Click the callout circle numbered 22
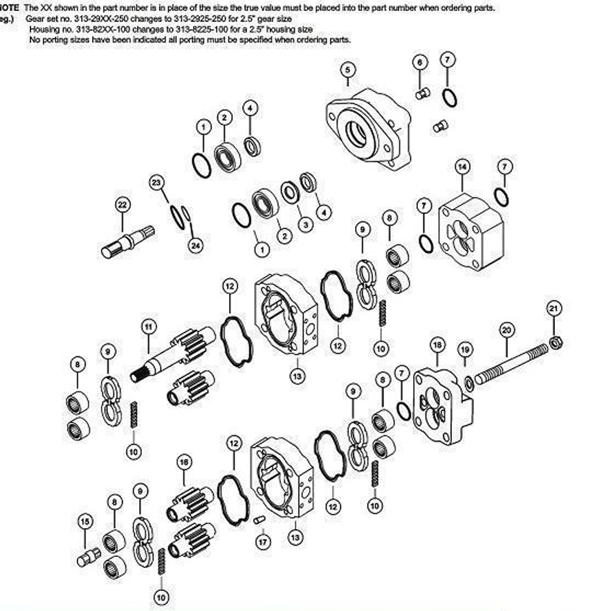point(122,204)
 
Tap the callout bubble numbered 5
point(347,69)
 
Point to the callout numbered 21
point(554,308)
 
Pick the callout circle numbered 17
point(262,542)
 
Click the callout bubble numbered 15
point(84,521)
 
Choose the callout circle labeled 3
point(303,225)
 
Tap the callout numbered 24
point(197,244)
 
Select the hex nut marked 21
point(555,342)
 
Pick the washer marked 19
point(470,382)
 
